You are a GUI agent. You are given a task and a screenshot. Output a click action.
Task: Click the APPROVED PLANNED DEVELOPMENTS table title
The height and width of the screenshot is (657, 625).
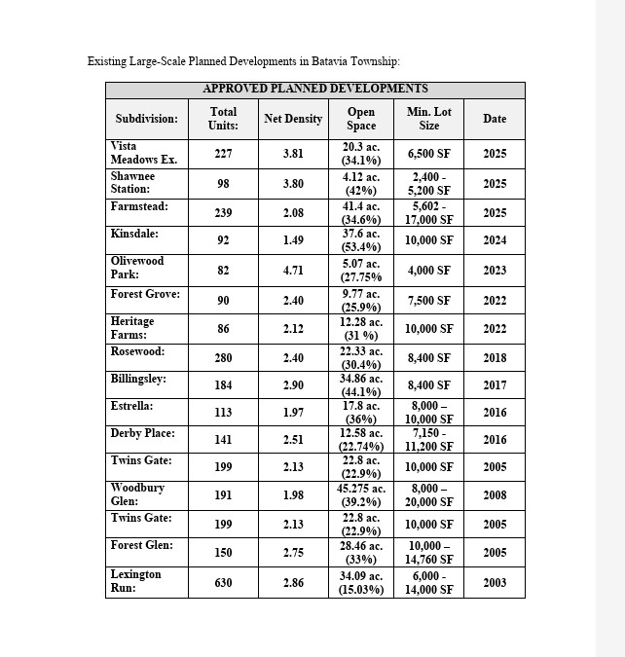pos(315,89)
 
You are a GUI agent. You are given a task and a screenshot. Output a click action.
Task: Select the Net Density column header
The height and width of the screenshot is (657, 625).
pos(293,119)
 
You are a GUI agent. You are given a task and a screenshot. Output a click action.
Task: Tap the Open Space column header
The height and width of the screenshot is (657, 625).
pos(361,119)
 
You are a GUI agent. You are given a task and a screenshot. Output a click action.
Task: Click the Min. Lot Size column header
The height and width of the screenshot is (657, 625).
pos(429,119)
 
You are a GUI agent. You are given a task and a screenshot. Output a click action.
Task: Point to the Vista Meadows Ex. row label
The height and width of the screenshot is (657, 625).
pos(143,153)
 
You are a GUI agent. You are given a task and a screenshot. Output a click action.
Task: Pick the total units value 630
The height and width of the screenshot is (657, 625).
pos(223,582)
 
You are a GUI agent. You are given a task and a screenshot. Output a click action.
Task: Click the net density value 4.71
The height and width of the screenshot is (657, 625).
pos(293,271)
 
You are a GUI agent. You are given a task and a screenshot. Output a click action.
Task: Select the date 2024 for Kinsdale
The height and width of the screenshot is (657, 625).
pos(495,240)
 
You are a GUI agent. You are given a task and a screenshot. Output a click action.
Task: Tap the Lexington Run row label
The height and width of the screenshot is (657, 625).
pos(135,581)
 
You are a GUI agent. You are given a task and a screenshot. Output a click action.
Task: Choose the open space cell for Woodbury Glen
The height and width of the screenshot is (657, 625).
pos(361,495)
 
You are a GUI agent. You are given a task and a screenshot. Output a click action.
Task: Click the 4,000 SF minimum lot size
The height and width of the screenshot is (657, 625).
pos(429,271)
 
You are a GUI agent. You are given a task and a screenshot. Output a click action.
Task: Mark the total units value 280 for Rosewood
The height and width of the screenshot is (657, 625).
pos(223,358)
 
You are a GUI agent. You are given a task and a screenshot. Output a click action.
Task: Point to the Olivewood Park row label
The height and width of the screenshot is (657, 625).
pos(137,268)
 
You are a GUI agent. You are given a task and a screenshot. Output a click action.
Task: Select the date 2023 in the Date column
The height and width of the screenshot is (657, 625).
pos(495,271)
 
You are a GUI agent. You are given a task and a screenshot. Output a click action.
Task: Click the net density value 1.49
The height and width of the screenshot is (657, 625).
pos(293,240)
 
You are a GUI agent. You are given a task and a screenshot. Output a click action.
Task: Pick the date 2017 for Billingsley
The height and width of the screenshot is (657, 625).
pos(495,385)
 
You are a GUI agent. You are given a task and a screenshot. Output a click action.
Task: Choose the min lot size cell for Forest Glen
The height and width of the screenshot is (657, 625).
pos(429,553)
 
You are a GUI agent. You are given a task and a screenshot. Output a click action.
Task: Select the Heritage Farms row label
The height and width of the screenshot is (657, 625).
pos(132,328)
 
